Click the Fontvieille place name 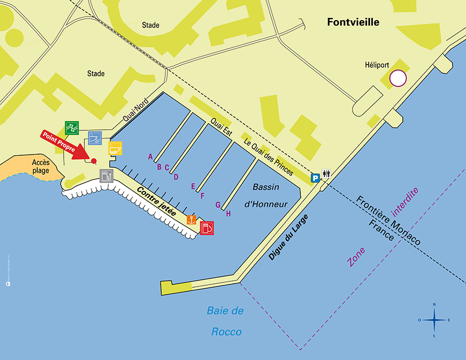coord(353,22)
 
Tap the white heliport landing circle coord(398,78)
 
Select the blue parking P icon coord(315,178)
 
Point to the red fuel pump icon coord(207,228)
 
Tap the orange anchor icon coord(191,219)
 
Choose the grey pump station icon coord(106,176)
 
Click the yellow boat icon coord(115,148)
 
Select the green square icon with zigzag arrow coord(71,127)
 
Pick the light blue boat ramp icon coord(95,138)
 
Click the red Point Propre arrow coord(64,145)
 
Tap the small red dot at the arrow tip coord(94,161)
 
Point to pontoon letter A coord(150,156)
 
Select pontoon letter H coord(228,213)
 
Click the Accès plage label coord(40,166)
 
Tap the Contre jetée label coord(156,202)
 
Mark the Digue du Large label coord(288,237)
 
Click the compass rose coord(434,320)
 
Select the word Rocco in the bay coord(226,332)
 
